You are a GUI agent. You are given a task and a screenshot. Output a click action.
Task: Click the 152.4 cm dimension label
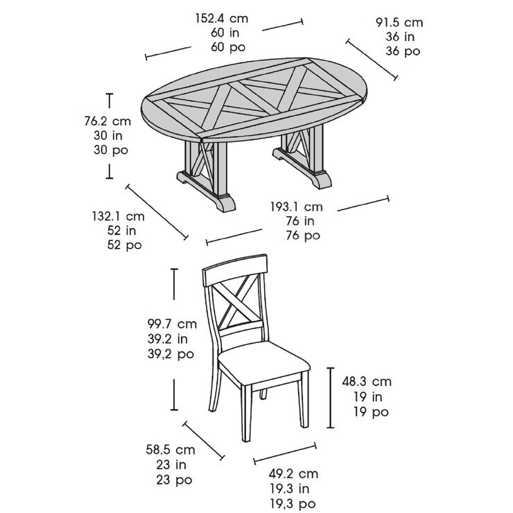point(222,18)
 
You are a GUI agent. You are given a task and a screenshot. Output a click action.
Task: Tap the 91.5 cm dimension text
point(399,23)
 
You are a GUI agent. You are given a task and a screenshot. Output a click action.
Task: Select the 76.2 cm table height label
point(107,121)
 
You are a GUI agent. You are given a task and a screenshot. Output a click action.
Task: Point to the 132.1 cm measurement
point(118,216)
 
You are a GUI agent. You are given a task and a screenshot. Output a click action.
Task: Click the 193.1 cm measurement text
point(297,207)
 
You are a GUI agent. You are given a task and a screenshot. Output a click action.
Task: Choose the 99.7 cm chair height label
point(172,324)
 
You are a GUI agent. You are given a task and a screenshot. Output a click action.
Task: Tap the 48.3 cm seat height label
point(367,381)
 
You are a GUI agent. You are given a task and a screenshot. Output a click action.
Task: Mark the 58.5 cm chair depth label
point(171,450)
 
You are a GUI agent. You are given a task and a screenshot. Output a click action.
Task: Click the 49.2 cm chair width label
point(293,473)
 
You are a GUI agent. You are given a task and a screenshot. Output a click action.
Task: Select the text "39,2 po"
point(171,354)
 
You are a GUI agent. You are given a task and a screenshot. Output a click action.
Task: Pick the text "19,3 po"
point(293,504)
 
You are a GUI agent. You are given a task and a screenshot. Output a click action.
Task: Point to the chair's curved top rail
point(235,270)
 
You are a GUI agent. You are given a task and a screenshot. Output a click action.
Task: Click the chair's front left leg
point(247,413)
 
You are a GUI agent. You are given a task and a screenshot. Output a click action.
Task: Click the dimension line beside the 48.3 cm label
point(331,398)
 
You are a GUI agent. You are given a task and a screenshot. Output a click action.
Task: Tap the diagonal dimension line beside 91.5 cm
point(372,60)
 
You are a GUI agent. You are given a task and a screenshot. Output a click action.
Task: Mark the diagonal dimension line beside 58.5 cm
point(204,441)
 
